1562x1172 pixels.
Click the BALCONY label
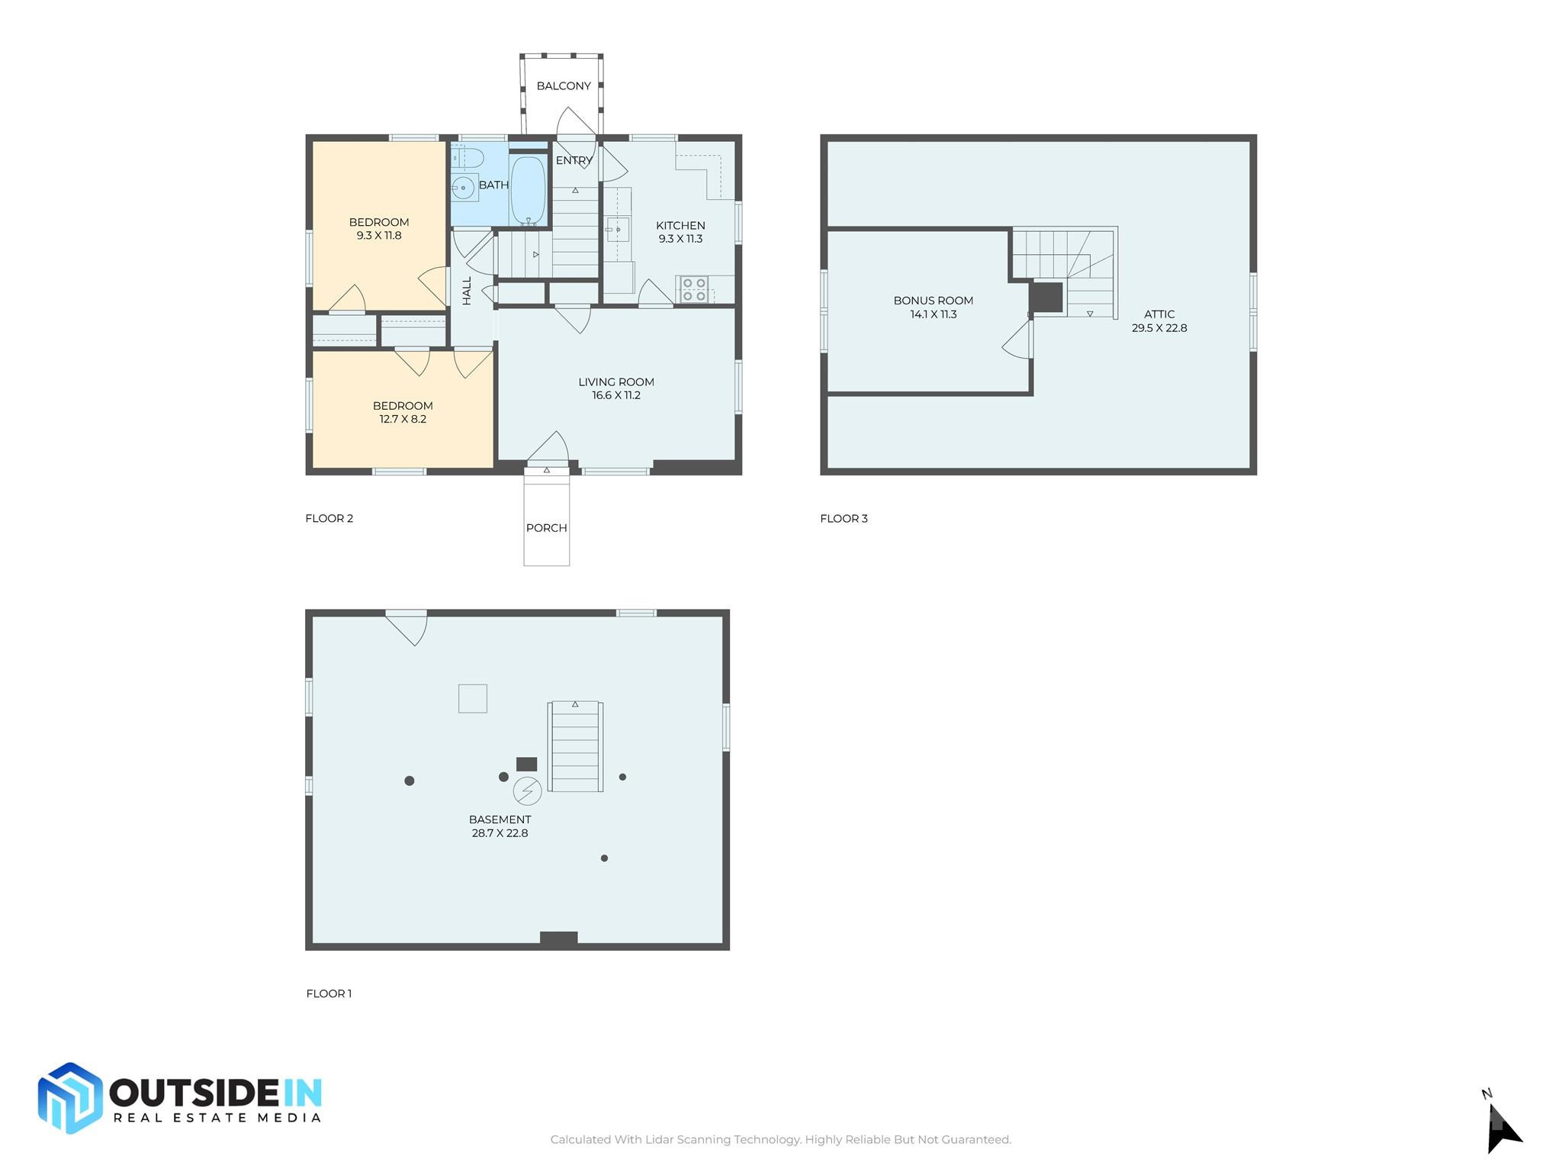click(564, 85)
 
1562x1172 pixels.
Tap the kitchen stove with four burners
click(693, 289)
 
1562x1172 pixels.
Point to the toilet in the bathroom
click(467, 158)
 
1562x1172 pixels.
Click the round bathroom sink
click(463, 187)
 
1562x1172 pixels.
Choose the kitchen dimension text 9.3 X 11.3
click(680, 239)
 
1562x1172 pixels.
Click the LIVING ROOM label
click(616, 382)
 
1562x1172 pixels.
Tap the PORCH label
click(546, 528)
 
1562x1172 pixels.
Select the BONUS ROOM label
click(934, 301)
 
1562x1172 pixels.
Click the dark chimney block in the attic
click(1046, 297)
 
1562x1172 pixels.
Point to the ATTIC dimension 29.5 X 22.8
click(1159, 328)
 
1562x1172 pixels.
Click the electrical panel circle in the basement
click(527, 791)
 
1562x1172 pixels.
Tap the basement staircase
click(575, 746)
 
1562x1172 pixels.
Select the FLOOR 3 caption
click(844, 519)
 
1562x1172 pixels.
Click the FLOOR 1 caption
click(329, 993)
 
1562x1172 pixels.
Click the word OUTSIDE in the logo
click(194, 1093)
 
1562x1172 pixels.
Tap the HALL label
click(467, 291)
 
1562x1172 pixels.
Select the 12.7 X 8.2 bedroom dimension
click(403, 419)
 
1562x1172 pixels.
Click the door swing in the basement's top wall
click(407, 627)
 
